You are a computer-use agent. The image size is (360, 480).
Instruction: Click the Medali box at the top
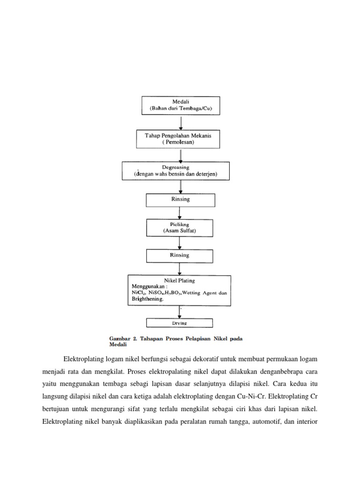click(181, 105)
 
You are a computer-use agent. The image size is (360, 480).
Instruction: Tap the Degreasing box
click(176, 171)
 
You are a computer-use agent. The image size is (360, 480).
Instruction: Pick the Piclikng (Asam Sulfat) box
click(180, 228)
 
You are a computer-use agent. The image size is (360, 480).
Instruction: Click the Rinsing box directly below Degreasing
click(180, 200)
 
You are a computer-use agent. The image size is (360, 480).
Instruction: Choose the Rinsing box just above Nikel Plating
click(180, 255)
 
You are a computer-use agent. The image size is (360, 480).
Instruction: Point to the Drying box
click(180, 323)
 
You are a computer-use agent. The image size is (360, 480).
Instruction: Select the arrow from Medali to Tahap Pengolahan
click(181, 121)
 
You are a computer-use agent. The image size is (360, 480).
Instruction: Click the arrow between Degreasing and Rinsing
click(180, 187)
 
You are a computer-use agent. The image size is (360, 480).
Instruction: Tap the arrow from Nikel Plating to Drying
click(180, 312)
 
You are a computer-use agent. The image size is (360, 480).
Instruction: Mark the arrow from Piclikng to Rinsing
click(180, 243)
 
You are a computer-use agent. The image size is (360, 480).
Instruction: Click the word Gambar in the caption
click(119, 337)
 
